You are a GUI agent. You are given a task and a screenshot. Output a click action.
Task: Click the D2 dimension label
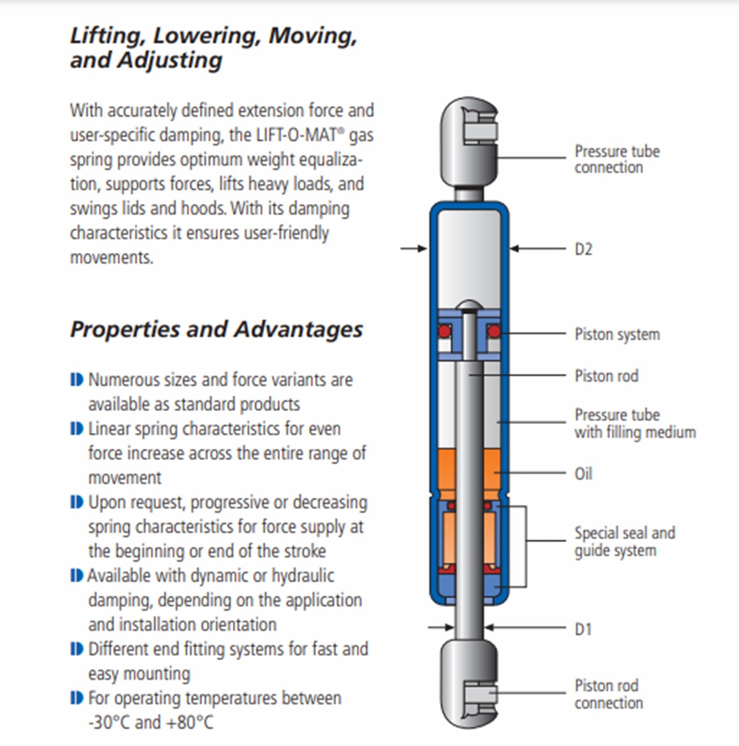[583, 249]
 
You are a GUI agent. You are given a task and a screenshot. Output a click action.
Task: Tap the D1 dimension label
[583, 629]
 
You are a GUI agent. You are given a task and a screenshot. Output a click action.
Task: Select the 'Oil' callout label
[583, 474]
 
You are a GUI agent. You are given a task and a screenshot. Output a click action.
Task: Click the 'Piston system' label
[617, 334]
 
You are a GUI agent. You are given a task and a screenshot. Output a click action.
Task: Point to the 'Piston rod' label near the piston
[606, 376]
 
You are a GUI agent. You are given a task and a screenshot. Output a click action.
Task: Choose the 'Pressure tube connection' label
[616, 159]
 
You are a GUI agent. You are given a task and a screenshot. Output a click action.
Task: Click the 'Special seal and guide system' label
[624, 541]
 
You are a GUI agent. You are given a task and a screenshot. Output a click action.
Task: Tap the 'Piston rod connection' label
[608, 694]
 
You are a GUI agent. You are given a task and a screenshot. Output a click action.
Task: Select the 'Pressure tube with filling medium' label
[635, 423]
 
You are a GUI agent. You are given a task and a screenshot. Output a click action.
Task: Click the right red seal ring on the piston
[494, 332]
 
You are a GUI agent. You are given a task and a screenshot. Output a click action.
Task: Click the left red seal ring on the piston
[444, 332]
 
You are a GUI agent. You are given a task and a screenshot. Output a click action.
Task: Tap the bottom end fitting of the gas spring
[470, 683]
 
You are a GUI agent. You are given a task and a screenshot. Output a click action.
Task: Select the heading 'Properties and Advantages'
[216, 329]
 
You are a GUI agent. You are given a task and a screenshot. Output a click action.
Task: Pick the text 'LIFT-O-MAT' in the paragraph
[297, 135]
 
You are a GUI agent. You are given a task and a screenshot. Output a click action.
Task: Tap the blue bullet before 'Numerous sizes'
[76, 380]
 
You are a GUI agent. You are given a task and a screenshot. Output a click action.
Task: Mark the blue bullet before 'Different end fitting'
[76, 649]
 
